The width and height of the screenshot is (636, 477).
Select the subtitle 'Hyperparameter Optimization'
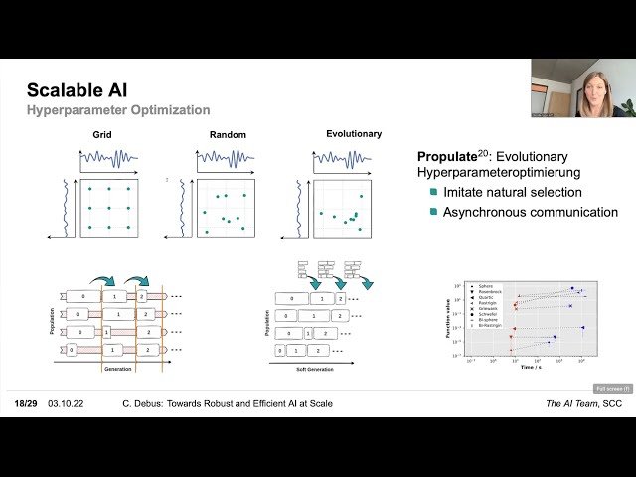[x=118, y=110]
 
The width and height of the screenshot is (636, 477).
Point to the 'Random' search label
[x=228, y=134]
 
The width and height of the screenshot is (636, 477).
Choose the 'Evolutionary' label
[x=353, y=134]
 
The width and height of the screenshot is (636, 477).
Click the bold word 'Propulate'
[x=453, y=156]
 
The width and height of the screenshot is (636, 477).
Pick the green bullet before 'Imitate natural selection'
[x=433, y=192]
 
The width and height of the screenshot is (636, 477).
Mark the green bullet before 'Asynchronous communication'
[x=433, y=212]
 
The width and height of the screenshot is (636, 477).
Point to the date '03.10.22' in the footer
[x=65, y=404]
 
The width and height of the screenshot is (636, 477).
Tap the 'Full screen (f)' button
[x=612, y=389]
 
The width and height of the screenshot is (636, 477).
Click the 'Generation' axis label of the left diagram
[x=117, y=369]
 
